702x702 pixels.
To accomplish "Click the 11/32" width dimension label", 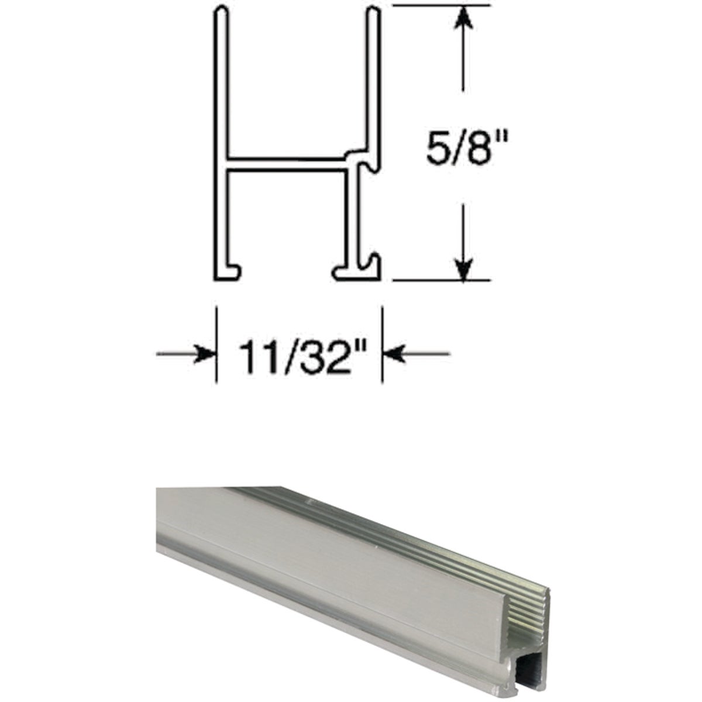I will click(x=300, y=357).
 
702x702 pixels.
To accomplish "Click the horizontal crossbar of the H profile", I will click(x=284, y=164).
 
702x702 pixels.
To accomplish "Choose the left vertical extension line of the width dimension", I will click(x=217, y=345).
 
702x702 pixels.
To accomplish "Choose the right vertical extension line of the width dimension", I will click(x=383, y=345).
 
